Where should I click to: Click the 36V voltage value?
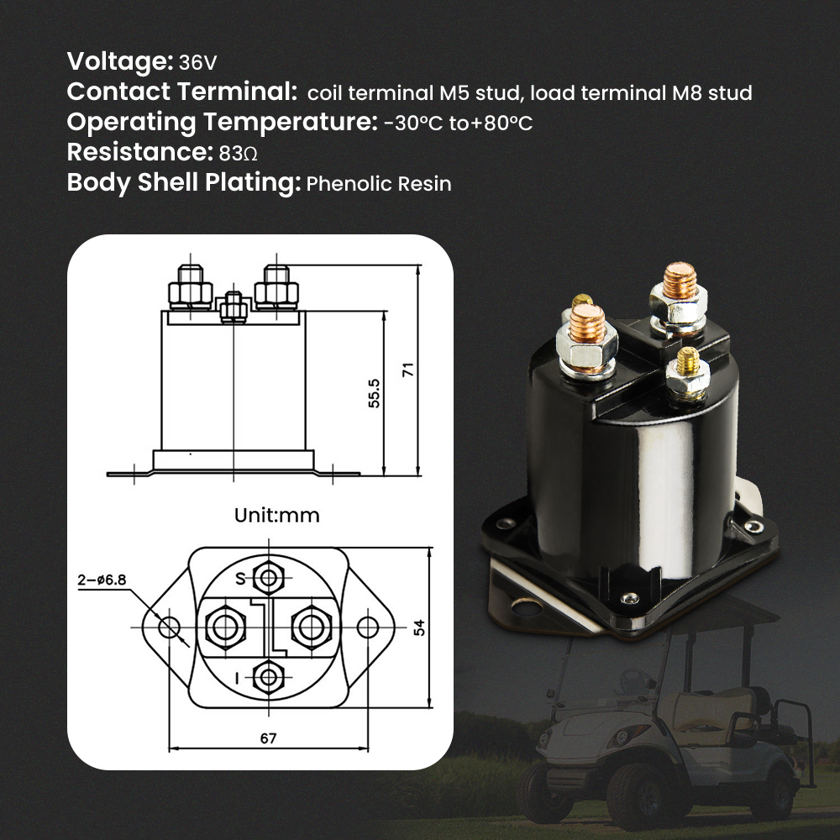pyautogui.click(x=198, y=63)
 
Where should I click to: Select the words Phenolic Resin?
pyautogui.click(x=379, y=184)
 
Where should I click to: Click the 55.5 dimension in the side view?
pyautogui.click(x=374, y=392)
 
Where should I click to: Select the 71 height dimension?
pyautogui.click(x=408, y=370)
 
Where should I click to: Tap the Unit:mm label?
pyautogui.click(x=276, y=515)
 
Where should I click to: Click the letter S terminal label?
pyautogui.click(x=239, y=578)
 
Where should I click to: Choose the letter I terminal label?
pyautogui.click(x=239, y=677)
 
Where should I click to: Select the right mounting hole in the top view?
pyautogui.click(x=368, y=627)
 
